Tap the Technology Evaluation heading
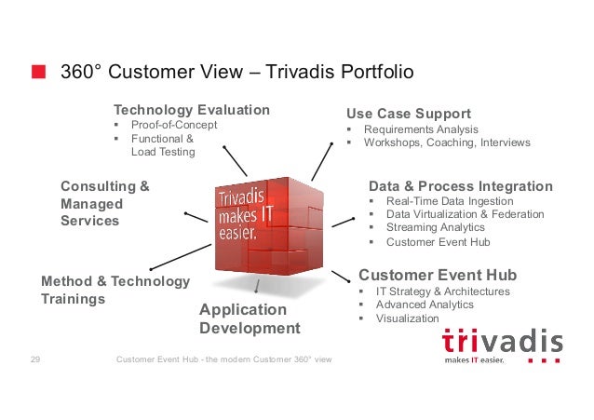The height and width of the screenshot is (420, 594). tap(191, 110)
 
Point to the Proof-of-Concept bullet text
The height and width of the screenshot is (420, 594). tap(173, 125)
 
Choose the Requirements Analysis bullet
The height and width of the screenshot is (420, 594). tap(420, 129)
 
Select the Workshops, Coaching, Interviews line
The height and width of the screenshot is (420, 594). tap(446, 143)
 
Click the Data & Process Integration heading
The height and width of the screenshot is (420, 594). tap(460, 186)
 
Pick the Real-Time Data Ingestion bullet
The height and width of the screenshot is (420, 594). tap(449, 201)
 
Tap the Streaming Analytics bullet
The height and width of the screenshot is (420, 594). tap(435, 227)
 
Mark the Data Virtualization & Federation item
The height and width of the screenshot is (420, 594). tap(465, 214)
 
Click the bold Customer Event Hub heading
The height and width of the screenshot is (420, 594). tap(437, 276)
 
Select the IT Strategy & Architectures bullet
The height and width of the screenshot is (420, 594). tap(442, 291)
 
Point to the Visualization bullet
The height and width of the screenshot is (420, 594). tap(407, 318)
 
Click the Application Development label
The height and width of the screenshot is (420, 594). tap(250, 318)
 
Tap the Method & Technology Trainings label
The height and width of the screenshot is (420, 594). tap(115, 290)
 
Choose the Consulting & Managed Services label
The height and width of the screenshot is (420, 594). tap(104, 203)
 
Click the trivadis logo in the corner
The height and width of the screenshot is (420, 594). tap(502, 345)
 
